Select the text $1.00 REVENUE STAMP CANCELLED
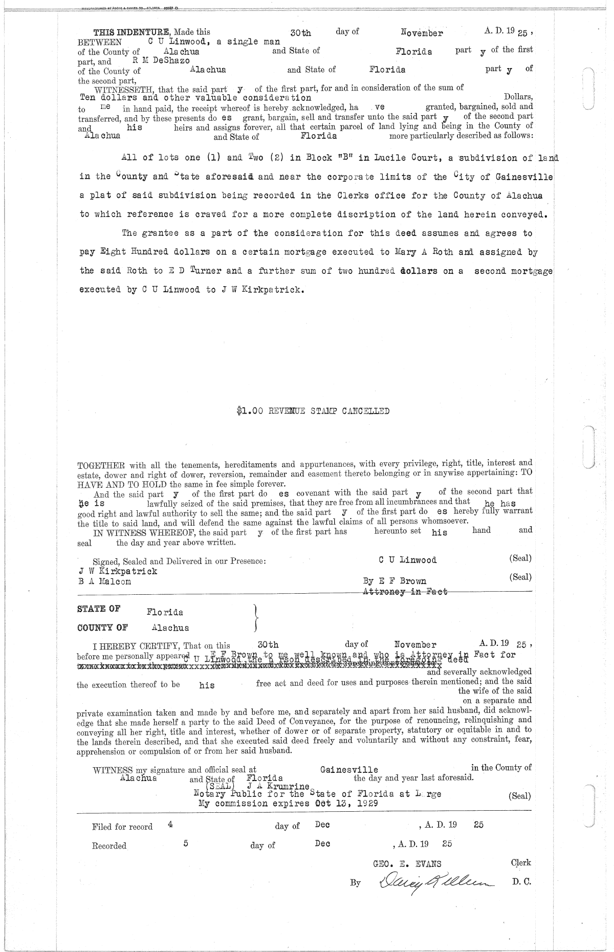(x=313, y=410)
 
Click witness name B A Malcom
(x=104, y=581)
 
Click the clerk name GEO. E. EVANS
(x=407, y=863)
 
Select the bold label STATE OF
(x=98, y=609)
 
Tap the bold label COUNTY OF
(x=102, y=627)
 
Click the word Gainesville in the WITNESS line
(x=349, y=770)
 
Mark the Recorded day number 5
(x=186, y=843)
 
